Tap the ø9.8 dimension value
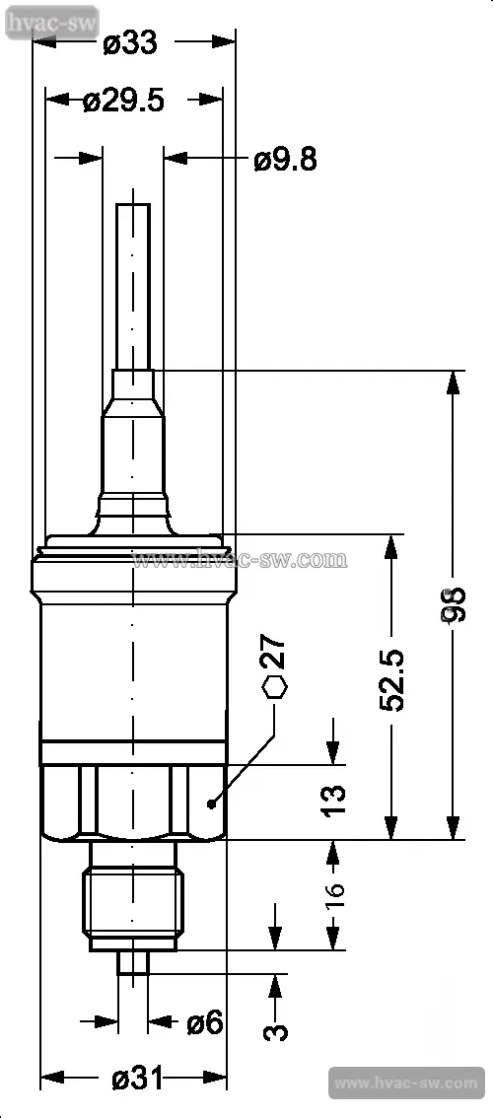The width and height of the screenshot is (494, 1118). click(285, 160)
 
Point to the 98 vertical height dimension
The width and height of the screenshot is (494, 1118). click(453, 604)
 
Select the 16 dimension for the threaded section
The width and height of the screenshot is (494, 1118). click(335, 895)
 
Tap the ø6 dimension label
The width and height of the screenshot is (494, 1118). click(204, 1023)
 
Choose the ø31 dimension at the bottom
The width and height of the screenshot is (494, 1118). click(137, 1080)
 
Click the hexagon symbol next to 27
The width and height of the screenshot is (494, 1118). click(275, 687)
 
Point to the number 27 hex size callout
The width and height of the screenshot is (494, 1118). click(275, 654)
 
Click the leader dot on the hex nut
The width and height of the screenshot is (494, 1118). click(211, 804)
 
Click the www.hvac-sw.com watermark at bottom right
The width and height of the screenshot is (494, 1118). click(405, 1083)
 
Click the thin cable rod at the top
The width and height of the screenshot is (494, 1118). click(133, 286)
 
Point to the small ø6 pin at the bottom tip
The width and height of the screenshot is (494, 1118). click(133, 961)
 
